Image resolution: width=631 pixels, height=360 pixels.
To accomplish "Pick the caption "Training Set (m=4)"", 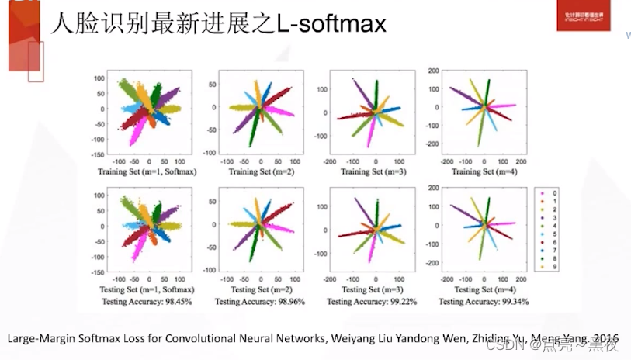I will (x=483, y=170).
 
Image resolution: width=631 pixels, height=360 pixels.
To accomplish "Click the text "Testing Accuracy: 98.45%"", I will (x=145, y=301).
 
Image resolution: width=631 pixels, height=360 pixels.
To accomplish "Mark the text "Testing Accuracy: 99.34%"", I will (x=483, y=301).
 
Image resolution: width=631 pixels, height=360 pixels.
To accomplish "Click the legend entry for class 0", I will (x=550, y=191).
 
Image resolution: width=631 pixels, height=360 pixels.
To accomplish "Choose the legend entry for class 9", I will (x=550, y=268).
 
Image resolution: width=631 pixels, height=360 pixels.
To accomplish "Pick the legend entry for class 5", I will (x=550, y=234).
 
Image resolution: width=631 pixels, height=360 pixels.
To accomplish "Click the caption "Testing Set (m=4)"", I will (x=483, y=290).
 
